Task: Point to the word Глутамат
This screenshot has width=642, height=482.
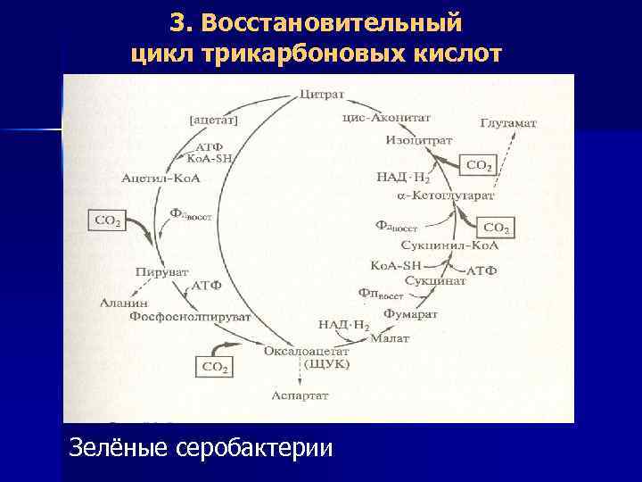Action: [508, 122]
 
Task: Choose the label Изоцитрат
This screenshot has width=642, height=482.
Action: [419, 140]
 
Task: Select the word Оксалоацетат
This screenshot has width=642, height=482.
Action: [305, 351]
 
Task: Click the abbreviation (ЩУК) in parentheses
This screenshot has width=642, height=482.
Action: [327, 363]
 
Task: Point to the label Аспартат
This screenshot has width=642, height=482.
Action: [298, 394]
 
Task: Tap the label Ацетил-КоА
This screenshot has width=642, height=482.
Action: [161, 179]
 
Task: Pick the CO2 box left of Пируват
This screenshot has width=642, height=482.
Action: [108, 220]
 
